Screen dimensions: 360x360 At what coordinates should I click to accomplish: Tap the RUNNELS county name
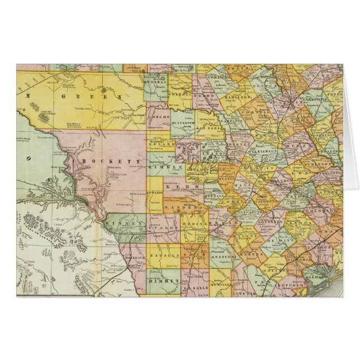(156, 81)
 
